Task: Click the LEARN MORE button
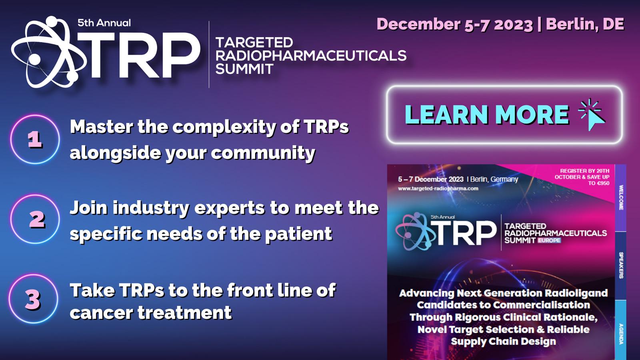504,114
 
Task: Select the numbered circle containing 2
35,219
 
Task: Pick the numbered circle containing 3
33,299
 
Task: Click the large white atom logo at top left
48,52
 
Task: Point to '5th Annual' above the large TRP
104,23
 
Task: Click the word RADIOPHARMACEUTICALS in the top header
310,56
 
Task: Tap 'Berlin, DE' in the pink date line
585,24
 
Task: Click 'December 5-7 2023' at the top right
455,24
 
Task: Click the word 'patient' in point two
298,234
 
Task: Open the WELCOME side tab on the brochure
620,198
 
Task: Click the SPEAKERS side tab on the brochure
620,266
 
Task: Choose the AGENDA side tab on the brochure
620,330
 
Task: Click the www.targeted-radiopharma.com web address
438,188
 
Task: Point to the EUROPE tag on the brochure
549,240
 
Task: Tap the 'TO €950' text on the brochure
598,183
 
